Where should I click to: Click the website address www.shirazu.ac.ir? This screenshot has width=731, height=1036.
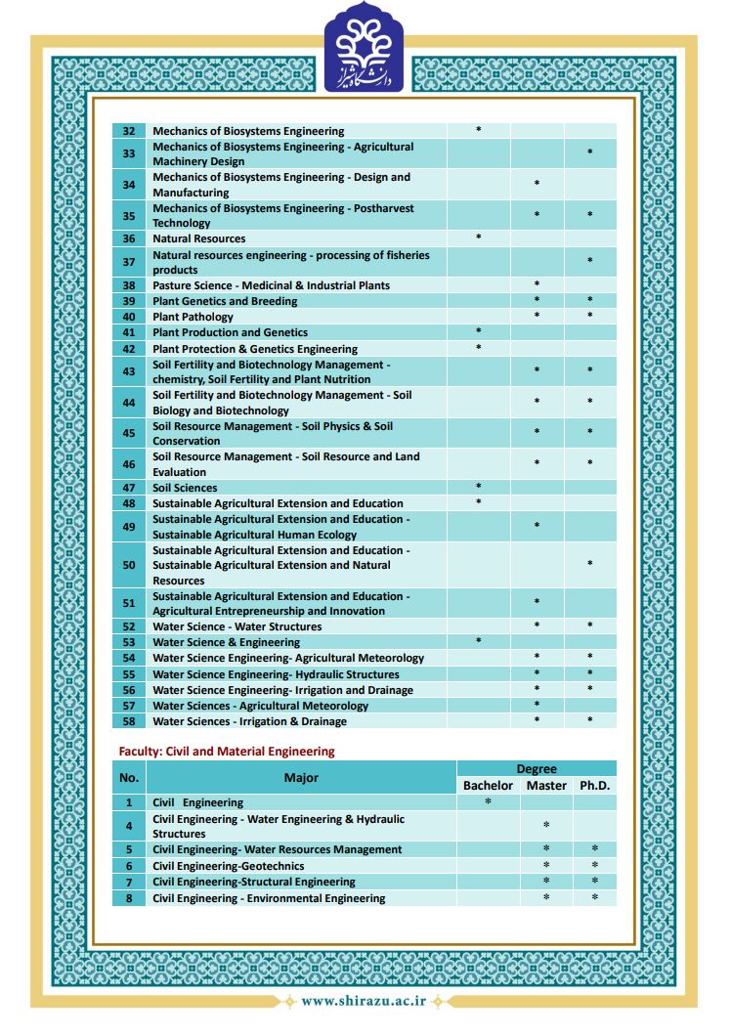[364, 1001]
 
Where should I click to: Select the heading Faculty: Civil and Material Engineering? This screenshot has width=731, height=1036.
[227, 752]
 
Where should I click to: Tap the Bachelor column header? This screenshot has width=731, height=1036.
[488, 786]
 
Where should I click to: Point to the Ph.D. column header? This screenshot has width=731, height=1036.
[594, 786]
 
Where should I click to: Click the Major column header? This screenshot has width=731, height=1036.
[301, 778]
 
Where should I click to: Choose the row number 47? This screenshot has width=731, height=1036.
[129, 488]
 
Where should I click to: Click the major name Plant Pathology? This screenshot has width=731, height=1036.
[193, 317]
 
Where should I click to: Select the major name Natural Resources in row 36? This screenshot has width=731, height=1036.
[199, 238]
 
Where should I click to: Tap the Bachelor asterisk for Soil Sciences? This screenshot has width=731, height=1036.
[478, 487]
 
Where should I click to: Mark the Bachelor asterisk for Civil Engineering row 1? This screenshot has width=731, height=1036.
[488, 802]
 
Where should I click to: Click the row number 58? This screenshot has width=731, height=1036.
[129, 721]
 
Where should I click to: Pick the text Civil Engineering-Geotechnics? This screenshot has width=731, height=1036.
[229, 866]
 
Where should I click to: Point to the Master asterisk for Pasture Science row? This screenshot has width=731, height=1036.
[537, 284]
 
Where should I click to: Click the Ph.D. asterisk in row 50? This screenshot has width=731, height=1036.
[589, 565]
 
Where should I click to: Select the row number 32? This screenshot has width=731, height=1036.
[129, 131]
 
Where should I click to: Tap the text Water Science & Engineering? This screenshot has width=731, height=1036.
[227, 642]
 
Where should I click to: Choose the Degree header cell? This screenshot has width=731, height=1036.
[537, 769]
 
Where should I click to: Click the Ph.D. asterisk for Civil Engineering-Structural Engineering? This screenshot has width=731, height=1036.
[594, 882]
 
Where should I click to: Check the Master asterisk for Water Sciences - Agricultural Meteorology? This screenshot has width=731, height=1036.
[537, 705]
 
